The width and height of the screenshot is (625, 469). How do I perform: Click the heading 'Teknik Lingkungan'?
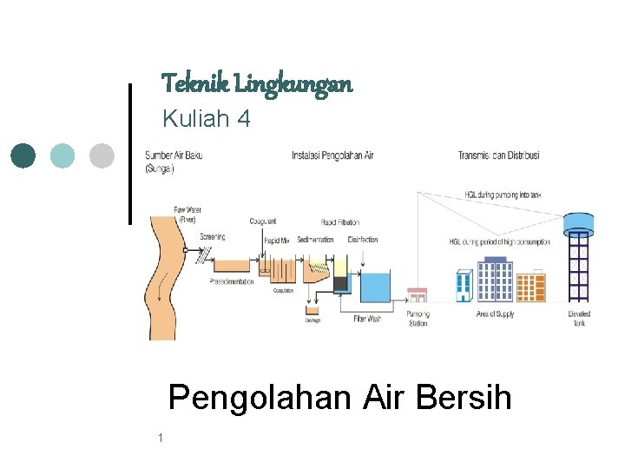click(257, 84)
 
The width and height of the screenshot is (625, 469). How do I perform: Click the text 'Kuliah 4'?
click(207, 119)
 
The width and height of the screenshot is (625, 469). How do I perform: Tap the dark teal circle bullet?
click(23, 156)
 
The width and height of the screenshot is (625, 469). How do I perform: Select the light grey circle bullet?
click(102, 156)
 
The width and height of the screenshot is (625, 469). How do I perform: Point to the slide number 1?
click(161, 438)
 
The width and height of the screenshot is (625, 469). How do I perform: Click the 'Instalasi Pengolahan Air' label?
click(332, 155)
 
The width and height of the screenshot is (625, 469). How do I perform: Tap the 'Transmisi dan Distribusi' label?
click(498, 155)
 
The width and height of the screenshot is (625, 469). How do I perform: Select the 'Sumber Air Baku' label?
click(174, 155)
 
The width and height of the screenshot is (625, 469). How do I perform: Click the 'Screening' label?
click(214, 236)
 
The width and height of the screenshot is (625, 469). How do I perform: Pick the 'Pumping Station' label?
click(418, 318)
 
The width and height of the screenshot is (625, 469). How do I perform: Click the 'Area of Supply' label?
click(495, 314)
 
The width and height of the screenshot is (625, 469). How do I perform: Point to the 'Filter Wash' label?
click(367, 319)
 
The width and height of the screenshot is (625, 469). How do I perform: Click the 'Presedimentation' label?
click(232, 281)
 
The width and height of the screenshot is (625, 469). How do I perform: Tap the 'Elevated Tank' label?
click(579, 318)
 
